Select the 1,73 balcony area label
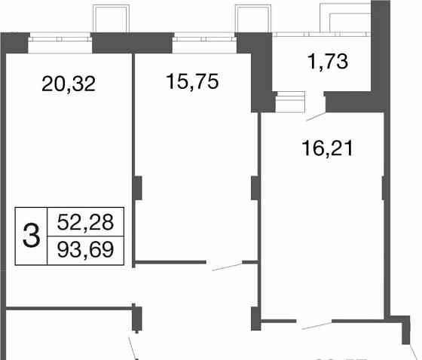328,62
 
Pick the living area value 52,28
85,223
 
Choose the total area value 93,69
85,249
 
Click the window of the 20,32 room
60,43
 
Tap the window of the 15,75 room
203,43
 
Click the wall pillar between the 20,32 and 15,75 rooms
137,187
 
